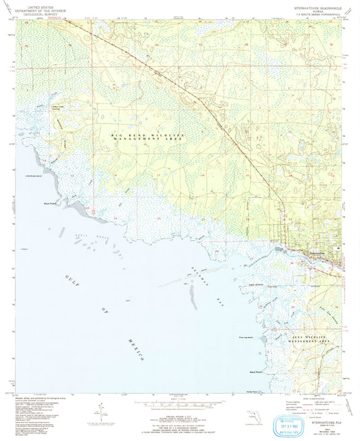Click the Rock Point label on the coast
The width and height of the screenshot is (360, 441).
(49, 201)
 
